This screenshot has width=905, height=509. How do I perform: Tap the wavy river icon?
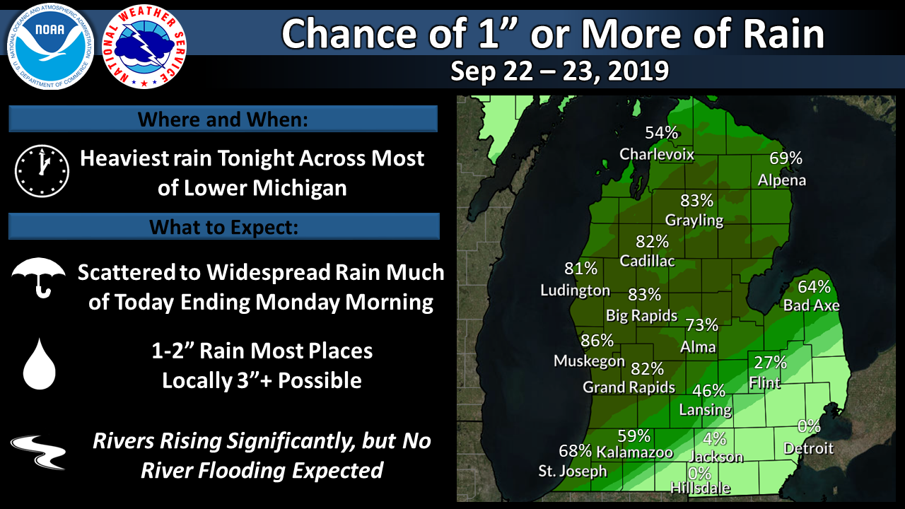(x=38, y=452)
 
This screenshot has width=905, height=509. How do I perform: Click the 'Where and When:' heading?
(x=223, y=119)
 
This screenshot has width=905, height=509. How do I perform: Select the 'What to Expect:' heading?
(x=223, y=227)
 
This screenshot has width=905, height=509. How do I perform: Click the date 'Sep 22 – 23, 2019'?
(x=559, y=71)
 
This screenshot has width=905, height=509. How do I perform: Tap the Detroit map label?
(x=808, y=448)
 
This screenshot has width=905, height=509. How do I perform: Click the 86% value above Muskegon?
(x=596, y=341)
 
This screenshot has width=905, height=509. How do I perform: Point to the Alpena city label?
(x=782, y=180)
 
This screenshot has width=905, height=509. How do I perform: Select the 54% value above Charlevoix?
(x=661, y=133)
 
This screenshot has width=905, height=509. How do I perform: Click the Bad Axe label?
(x=811, y=305)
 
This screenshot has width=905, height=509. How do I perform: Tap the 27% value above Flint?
(x=770, y=363)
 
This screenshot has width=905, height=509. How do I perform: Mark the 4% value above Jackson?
(x=715, y=438)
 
